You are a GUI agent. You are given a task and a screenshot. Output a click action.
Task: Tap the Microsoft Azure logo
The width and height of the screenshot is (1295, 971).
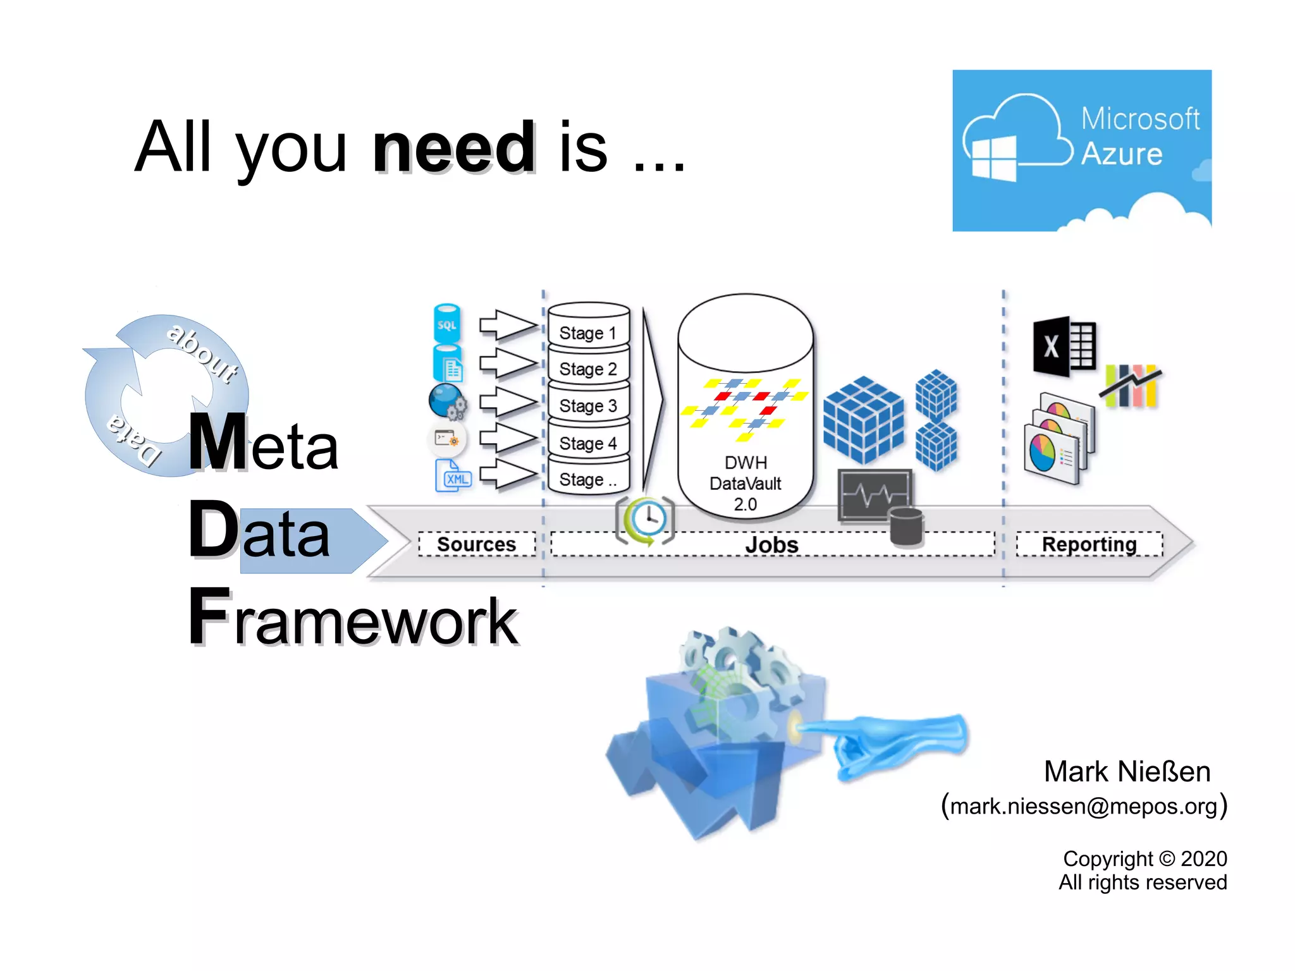tap(1081, 150)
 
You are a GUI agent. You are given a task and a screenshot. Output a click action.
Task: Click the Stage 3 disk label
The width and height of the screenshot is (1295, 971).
tap(588, 405)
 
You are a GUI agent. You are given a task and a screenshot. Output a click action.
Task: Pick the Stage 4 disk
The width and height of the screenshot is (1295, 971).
tap(588, 442)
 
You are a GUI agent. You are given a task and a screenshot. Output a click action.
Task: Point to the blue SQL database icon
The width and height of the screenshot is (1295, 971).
tap(446, 324)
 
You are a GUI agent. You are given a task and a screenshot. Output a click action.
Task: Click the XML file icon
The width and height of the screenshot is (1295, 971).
tap(453, 476)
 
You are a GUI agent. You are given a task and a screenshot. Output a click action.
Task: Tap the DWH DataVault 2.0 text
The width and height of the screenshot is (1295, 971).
tap(746, 484)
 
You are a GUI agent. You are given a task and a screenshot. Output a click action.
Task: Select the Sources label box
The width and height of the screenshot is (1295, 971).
tap(477, 544)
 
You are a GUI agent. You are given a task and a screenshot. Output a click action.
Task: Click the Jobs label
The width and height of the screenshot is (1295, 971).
tap(772, 544)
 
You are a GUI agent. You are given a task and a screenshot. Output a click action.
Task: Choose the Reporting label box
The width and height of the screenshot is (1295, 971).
tap(1089, 544)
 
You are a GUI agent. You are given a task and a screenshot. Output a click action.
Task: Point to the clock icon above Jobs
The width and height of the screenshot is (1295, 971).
tap(646, 520)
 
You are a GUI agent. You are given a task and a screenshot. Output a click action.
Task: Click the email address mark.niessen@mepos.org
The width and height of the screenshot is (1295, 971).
tap(1084, 806)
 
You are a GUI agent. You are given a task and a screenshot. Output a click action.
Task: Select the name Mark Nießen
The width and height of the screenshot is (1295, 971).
tap(1127, 772)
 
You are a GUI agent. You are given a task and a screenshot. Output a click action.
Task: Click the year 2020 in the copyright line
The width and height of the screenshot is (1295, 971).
tap(1203, 858)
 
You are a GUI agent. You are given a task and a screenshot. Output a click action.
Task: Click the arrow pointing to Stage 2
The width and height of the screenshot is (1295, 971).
tap(507, 363)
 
